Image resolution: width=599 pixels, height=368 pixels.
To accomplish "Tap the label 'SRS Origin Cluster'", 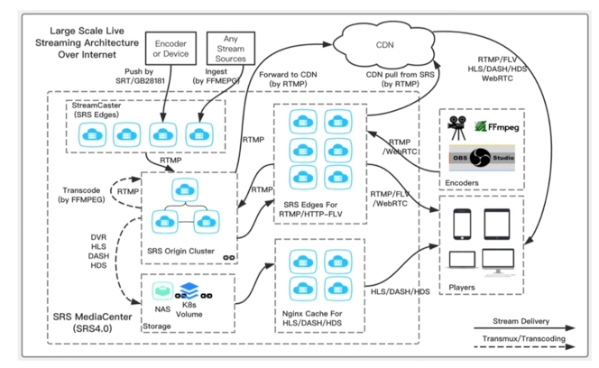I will [180, 248].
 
